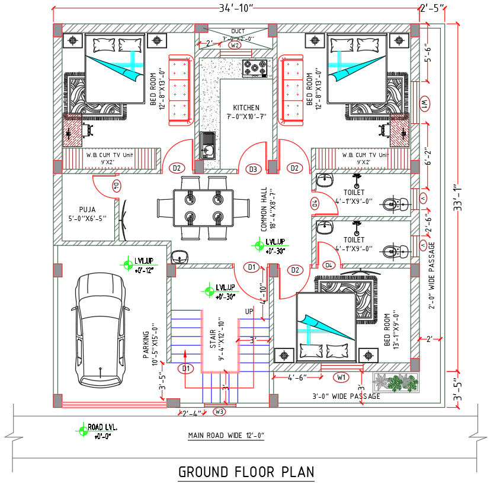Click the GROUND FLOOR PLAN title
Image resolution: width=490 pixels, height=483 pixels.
pos(246,472)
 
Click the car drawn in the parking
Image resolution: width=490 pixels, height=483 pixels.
pos(100,331)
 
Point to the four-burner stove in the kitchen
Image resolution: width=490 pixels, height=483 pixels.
pos(255,69)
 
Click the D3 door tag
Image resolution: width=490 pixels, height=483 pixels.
pos(254,169)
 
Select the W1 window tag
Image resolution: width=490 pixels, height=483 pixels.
pos(341,377)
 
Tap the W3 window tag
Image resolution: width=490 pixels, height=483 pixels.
pos(220,411)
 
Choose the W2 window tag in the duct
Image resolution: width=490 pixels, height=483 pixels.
pos(235,46)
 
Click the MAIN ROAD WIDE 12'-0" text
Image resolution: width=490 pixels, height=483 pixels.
pos(226,436)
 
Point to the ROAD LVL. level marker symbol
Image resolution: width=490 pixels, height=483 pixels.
pos(81,428)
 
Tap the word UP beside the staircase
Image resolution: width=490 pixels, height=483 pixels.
pos(250,311)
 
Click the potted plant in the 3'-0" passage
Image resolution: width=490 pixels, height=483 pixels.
pos(395,382)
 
